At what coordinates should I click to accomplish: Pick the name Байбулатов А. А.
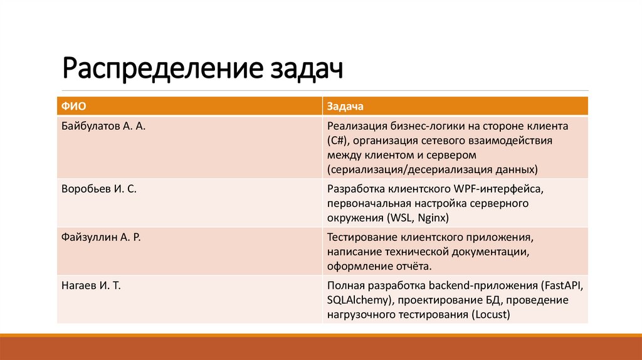click(103, 125)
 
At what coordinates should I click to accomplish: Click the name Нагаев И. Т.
click(92, 286)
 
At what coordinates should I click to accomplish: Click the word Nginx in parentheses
click(433, 218)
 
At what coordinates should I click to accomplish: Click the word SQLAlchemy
click(357, 300)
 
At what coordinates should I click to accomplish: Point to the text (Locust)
click(490, 314)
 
